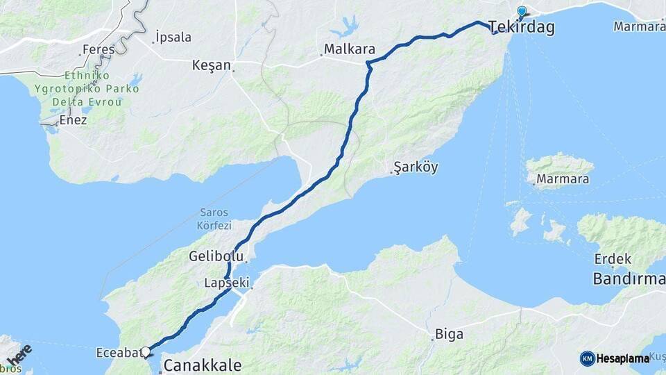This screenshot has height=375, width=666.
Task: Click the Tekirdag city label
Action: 521,28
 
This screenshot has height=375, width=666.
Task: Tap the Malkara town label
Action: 350,50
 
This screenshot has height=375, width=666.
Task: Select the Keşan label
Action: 212,65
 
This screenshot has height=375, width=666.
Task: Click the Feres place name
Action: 98,50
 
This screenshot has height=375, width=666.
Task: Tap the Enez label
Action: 73,120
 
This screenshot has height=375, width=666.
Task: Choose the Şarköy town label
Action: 416,167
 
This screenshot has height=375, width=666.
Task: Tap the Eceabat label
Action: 119,353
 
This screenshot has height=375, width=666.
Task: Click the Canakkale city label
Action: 202,365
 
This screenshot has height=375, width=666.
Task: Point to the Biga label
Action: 449,335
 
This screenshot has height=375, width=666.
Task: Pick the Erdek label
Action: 613,259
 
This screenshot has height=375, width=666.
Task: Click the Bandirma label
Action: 629,279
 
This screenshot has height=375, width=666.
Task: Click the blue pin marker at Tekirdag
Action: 522,12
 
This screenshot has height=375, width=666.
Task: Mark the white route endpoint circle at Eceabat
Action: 146,351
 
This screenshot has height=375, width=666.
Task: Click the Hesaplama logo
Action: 615,358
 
